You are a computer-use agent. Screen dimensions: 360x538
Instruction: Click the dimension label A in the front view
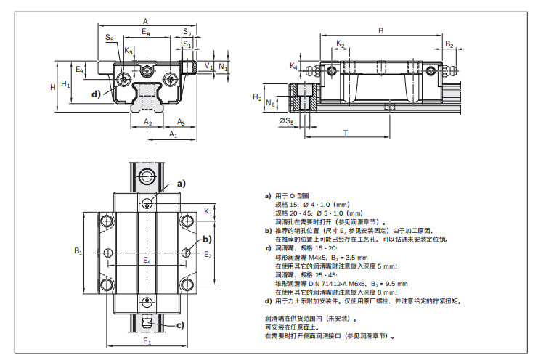(x=145, y=20)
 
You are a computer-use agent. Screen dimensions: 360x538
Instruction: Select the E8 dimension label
(x=145, y=33)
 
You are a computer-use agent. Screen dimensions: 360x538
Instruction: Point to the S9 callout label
(x=109, y=37)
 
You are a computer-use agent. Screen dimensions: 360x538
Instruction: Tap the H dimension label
(x=52, y=86)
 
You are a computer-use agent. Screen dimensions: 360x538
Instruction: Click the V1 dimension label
(x=208, y=66)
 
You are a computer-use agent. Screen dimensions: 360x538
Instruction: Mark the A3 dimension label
(x=181, y=122)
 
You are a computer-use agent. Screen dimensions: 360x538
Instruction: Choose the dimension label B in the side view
(x=380, y=30)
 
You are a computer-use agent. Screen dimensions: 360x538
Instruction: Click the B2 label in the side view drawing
(x=449, y=45)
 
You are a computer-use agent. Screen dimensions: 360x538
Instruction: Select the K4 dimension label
(x=294, y=66)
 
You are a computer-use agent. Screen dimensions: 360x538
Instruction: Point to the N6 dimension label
(x=270, y=104)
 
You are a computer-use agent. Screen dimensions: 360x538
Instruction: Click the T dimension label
(x=345, y=133)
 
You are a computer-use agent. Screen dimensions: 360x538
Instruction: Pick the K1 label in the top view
(x=208, y=212)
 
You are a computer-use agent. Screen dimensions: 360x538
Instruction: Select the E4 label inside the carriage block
(x=147, y=259)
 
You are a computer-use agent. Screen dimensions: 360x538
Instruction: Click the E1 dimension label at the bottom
(x=147, y=340)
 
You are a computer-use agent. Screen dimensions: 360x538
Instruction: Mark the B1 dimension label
(x=78, y=251)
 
